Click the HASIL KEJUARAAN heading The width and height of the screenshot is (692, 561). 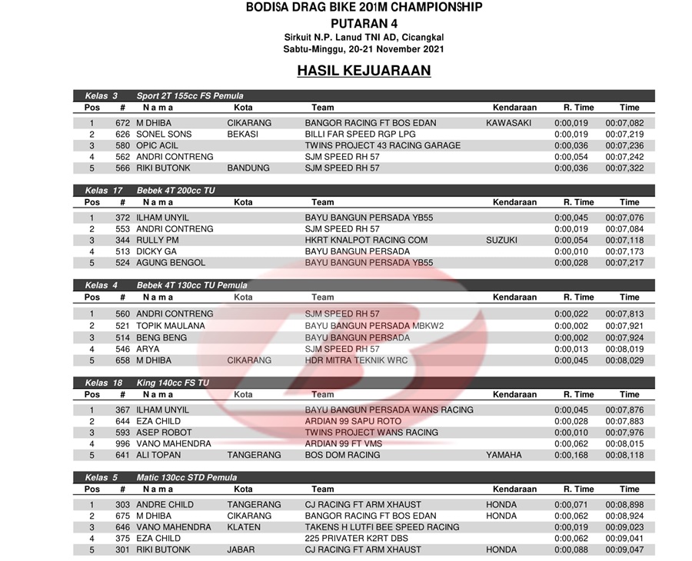pyautogui.click(x=364, y=71)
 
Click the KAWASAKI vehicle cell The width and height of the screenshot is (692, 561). pyautogui.click(x=508, y=123)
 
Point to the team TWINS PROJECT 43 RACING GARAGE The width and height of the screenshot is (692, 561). pyautogui.click(x=382, y=145)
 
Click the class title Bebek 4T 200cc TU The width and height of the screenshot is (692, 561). pyautogui.click(x=176, y=191)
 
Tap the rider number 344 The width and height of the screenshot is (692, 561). pyautogui.click(x=123, y=241)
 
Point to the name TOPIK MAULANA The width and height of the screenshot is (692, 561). pyautogui.click(x=171, y=326)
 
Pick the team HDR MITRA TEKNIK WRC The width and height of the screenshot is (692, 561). pyautogui.click(x=356, y=360)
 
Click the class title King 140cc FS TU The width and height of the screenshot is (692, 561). pyautogui.click(x=173, y=383)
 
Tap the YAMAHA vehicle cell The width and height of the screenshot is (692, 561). pyautogui.click(x=503, y=455)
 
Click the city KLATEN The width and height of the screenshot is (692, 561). pyautogui.click(x=244, y=527)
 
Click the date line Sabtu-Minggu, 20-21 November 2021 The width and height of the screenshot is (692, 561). pyautogui.click(x=364, y=49)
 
